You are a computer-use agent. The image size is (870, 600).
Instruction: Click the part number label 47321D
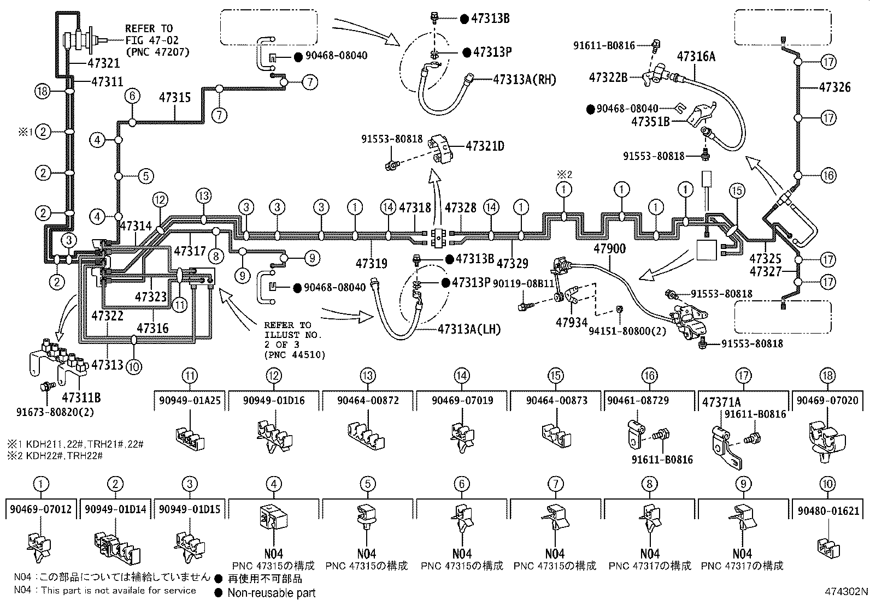point(485,146)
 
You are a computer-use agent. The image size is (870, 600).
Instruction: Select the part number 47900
point(609,249)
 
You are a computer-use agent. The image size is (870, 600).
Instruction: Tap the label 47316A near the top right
point(696,57)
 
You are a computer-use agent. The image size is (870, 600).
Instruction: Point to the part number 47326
point(834,87)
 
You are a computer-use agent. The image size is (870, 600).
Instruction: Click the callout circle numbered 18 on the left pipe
point(42,91)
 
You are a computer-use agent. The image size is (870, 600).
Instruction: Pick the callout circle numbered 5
point(146,176)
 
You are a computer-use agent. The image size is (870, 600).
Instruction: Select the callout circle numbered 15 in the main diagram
point(737,191)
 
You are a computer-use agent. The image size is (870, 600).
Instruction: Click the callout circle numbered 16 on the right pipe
point(828,175)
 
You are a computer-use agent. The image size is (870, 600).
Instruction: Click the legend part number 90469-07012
point(41,509)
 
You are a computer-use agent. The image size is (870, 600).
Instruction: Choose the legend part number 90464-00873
point(556,401)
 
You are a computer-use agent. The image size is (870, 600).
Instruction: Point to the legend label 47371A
point(721,402)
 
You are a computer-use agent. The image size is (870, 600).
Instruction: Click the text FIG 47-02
point(152,40)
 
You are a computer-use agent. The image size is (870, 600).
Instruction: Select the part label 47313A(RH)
point(525,80)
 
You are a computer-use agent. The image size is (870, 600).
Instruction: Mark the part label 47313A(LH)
point(469,330)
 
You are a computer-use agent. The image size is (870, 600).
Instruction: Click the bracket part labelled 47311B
point(58,359)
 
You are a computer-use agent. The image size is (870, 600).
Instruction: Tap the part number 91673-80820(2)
point(55,412)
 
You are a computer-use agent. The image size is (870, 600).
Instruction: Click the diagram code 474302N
point(847,591)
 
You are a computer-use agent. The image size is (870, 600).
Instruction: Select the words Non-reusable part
point(272,592)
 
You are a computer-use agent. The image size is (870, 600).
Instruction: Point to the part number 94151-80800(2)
point(627,331)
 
